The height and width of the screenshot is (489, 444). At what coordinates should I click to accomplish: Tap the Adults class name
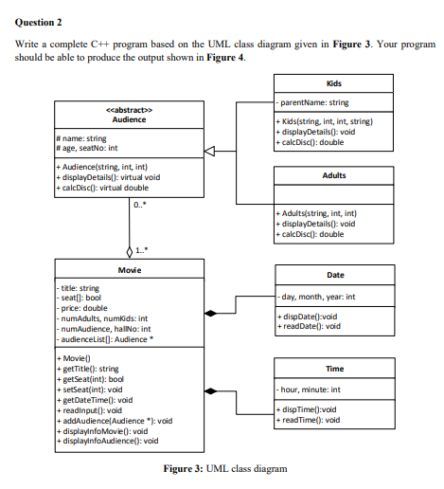click(333, 175)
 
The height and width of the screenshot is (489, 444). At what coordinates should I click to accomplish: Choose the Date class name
click(333, 274)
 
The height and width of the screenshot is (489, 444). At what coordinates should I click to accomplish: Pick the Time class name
click(333, 368)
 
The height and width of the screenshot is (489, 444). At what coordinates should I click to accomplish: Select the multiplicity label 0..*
click(141, 206)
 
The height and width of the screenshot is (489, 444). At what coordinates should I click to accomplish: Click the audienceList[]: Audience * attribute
click(107, 336)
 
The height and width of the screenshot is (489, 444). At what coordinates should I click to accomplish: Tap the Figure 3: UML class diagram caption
click(224, 469)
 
